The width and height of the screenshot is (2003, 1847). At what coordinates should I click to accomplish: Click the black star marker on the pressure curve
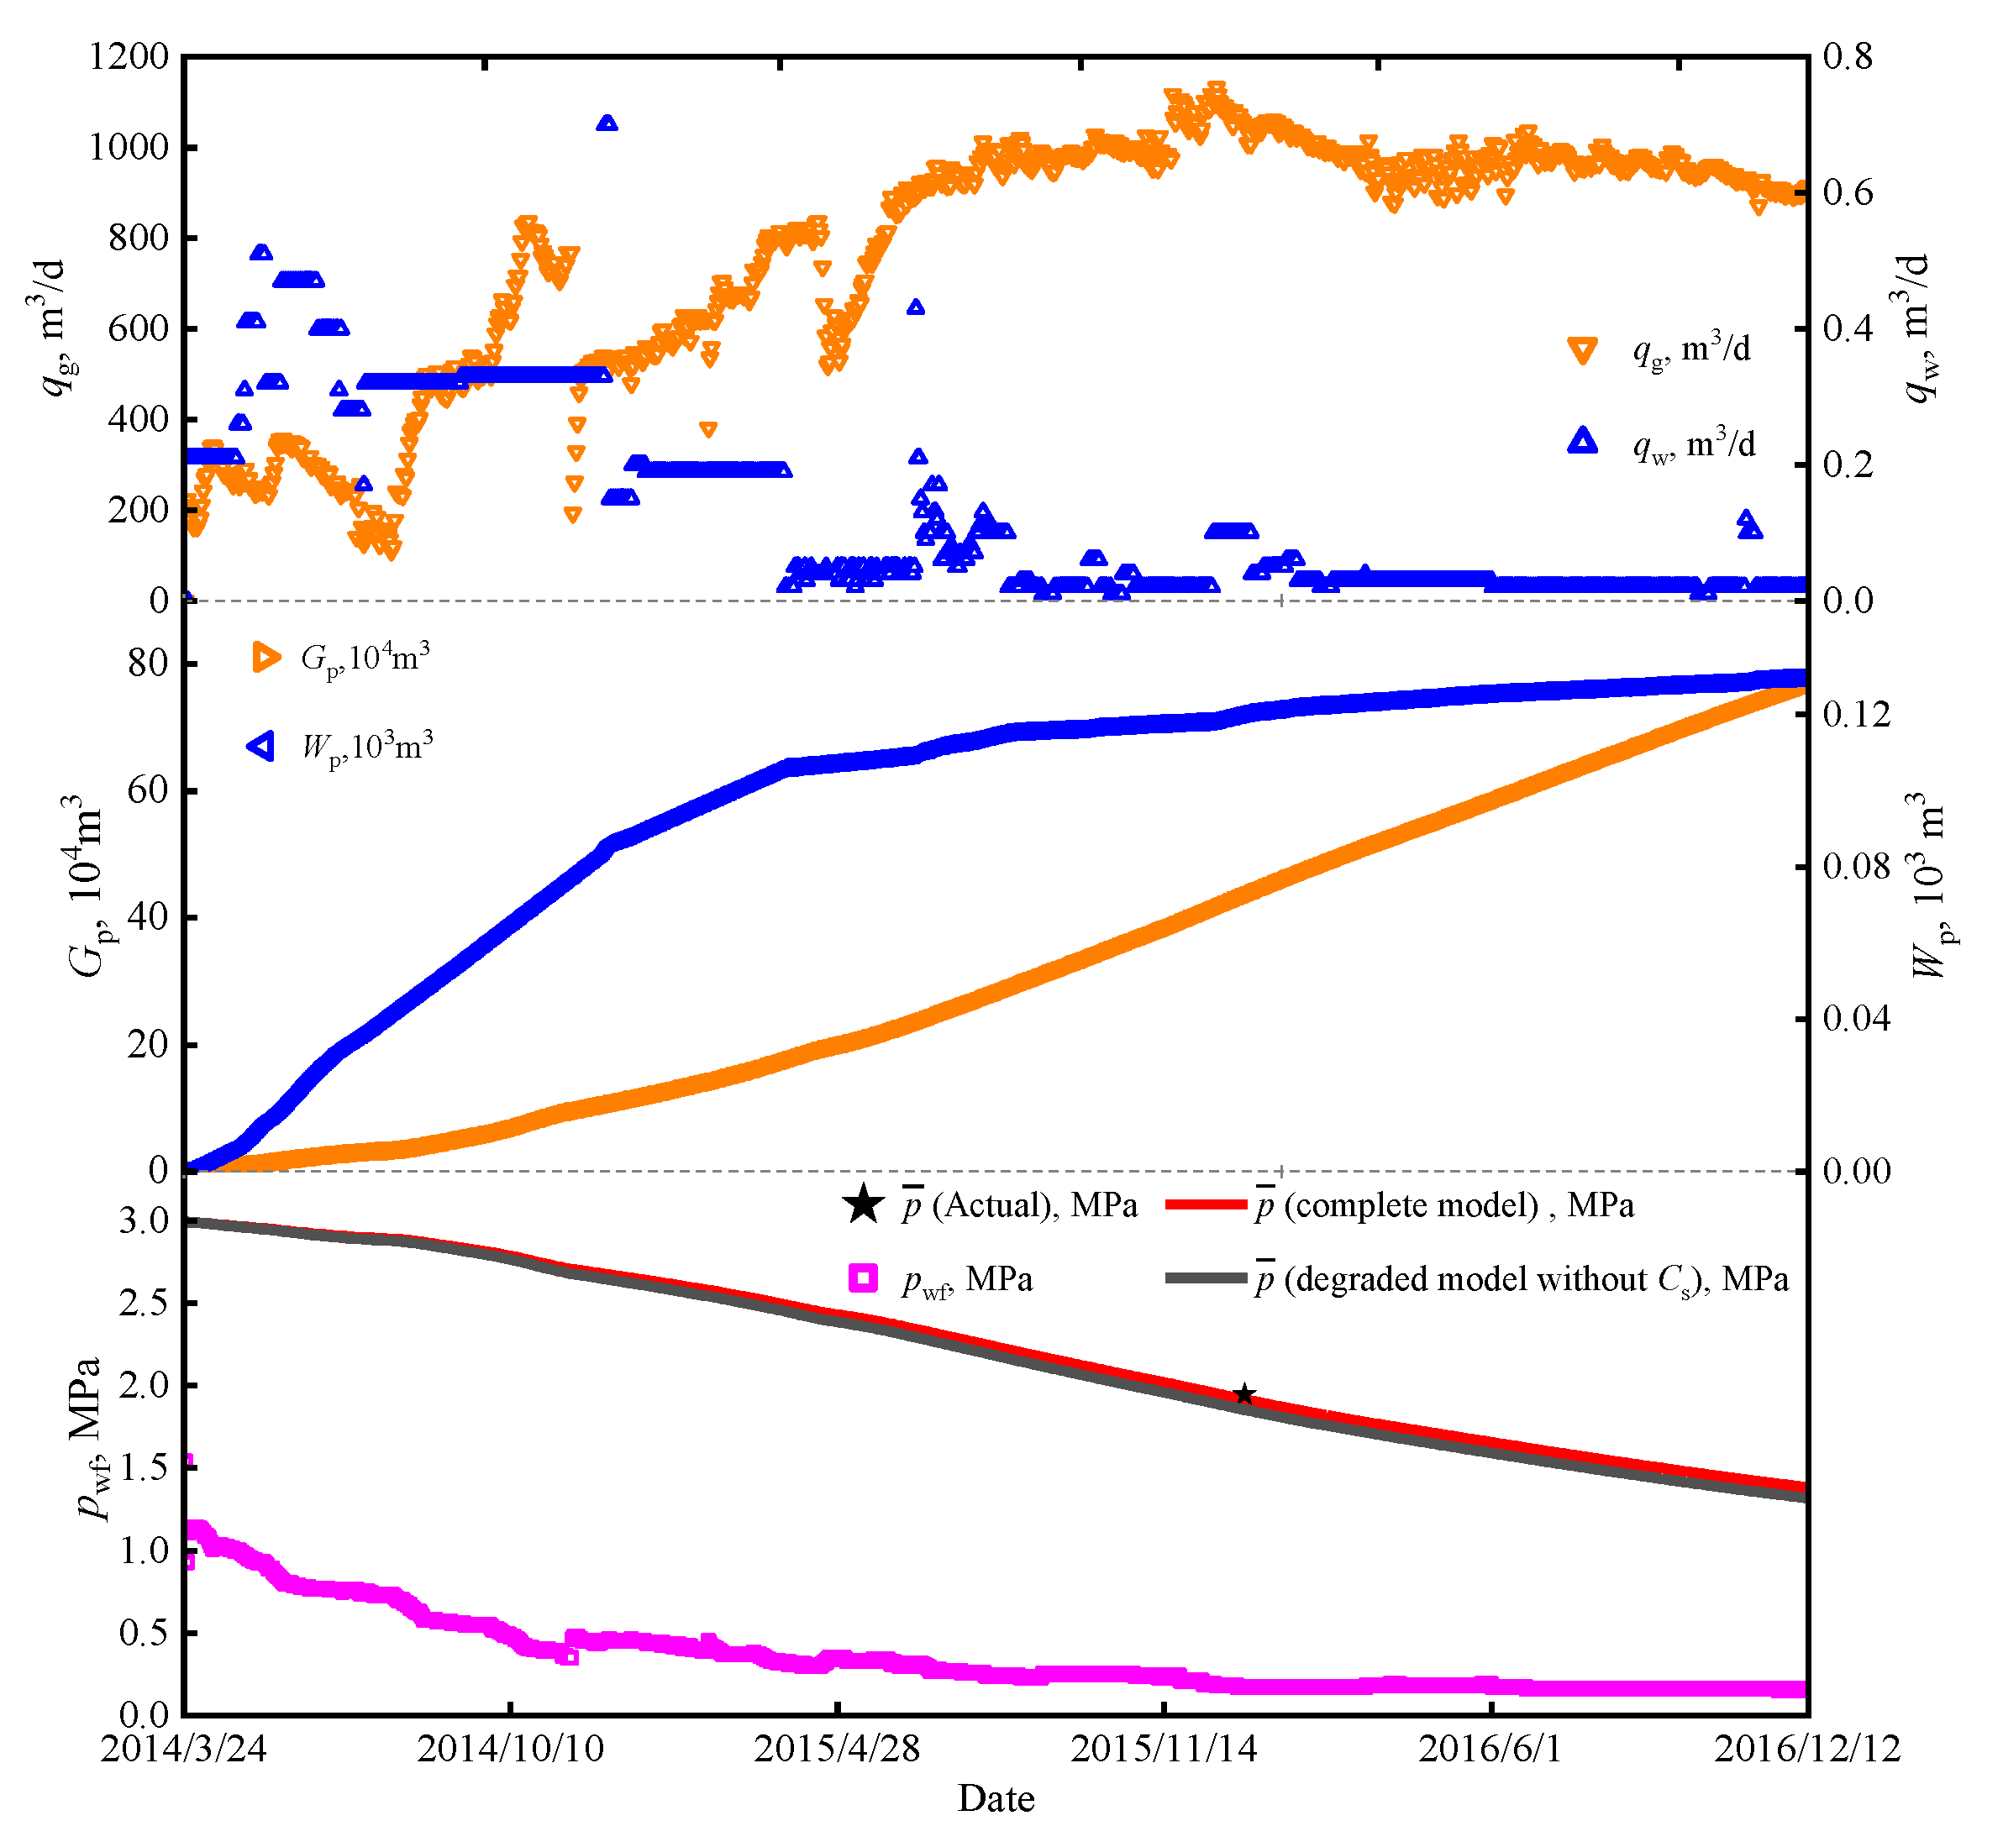click(1243, 1394)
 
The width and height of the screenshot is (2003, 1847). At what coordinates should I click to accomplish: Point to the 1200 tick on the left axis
click(129, 57)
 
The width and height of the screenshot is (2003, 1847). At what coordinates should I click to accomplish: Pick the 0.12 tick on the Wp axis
click(1856, 714)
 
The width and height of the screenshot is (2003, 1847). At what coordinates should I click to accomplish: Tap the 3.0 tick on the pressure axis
click(144, 1220)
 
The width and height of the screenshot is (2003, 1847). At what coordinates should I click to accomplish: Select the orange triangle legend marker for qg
click(1582, 351)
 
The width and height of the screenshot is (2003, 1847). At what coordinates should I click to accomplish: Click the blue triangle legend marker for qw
click(1582, 441)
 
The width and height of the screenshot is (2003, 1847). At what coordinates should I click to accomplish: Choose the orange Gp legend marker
click(265, 657)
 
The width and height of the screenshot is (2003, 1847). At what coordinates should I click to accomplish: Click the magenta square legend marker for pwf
click(863, 1278)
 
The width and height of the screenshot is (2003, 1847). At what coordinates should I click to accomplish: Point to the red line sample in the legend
click(1207, 1205)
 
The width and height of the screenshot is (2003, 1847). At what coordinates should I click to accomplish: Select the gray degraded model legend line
click(1207, 1278)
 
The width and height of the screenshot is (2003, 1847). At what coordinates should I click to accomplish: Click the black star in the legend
click(863, 1204)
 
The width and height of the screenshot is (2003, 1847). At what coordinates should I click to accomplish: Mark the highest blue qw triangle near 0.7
click(607, 123)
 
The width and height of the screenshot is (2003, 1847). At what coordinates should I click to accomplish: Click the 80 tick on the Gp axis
click(148, 663)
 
